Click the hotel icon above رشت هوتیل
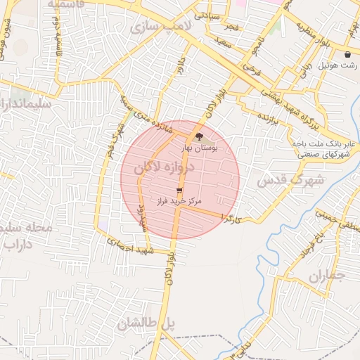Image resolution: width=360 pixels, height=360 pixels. [x=347, y=54]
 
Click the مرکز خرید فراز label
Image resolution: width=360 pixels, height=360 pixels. [x=181, y=201]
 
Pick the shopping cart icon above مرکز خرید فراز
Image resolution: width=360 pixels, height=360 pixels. [x=179, y=191]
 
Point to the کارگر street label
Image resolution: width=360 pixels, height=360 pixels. [x=231, y=219]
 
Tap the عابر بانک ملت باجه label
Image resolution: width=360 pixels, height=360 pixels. [x=325, y=143]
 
